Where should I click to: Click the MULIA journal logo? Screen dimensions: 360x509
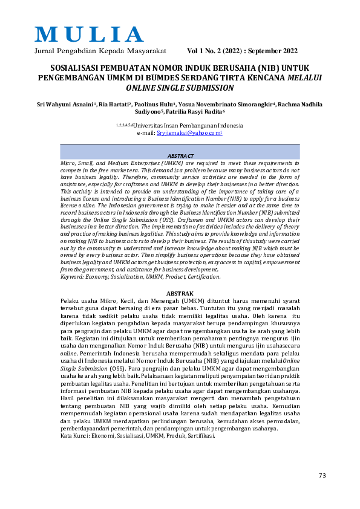tap(90, 34)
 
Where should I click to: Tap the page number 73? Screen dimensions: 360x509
tap(322, 475)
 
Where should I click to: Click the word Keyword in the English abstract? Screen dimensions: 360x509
tap(74, 276)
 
